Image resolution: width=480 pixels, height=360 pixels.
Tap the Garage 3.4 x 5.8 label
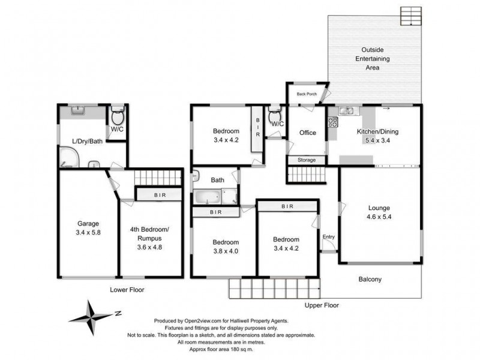pos(88,227)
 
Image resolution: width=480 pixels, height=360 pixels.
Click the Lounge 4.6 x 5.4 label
pos(379,212)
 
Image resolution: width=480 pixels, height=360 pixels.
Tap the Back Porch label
pos(304,94)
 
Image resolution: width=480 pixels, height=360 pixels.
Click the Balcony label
pos(370,279)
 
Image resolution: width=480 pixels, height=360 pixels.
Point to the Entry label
pos(329,237)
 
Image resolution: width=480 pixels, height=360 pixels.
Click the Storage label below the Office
pos(307,160)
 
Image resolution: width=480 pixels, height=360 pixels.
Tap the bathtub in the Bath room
pos(206,196)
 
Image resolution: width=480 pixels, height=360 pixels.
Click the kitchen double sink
pos(346,110)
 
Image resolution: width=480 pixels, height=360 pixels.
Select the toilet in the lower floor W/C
pos(118,114)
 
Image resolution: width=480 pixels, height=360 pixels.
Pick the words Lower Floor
pos(127,289)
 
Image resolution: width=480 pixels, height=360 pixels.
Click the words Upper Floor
pos(321,305)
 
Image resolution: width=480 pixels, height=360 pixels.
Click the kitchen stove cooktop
pos(331,124)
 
